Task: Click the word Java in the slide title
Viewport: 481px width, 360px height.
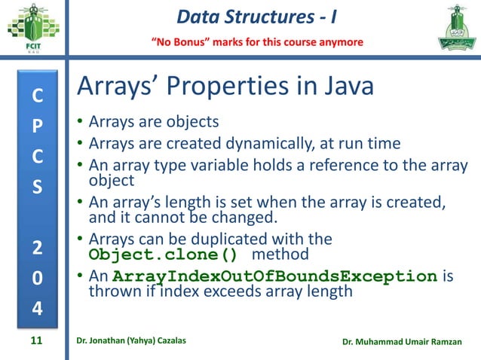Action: pos(343,87)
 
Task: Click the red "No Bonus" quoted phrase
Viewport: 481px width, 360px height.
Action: pos(180,41)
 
